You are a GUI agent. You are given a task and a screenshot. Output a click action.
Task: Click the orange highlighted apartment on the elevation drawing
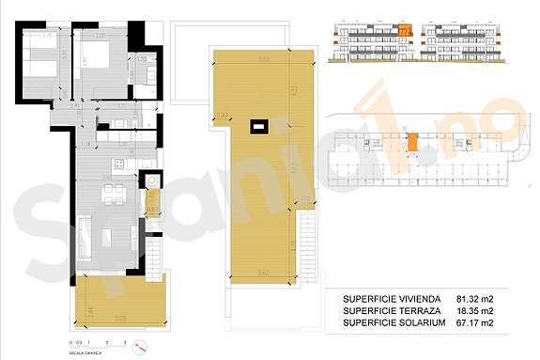pos(405,31)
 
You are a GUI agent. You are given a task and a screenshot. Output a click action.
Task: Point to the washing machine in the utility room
pos(150,180)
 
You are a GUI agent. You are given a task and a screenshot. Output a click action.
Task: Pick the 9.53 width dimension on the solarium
pos(266,59)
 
